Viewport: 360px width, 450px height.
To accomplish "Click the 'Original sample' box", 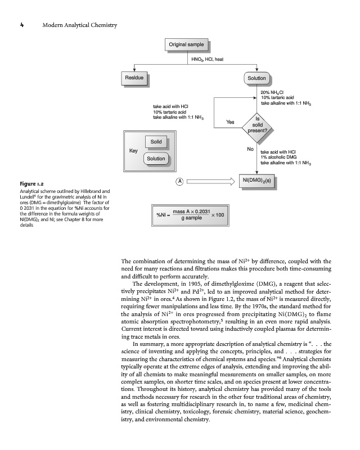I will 187,44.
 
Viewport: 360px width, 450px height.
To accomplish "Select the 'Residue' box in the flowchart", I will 134,77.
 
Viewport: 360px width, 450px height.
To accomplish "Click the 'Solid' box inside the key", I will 156,141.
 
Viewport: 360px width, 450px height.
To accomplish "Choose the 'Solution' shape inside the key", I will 156,159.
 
